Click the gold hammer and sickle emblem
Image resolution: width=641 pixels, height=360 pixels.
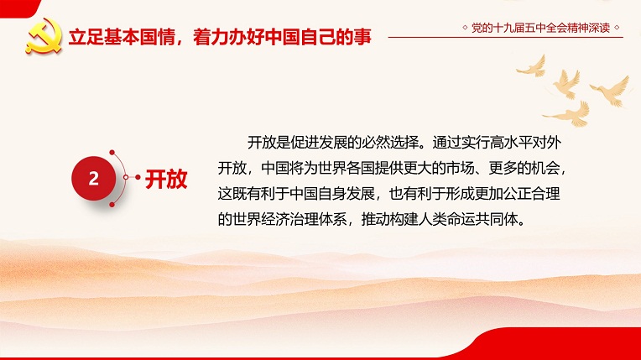pos(44,36)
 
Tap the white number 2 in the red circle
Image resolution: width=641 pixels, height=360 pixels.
pos(94,179)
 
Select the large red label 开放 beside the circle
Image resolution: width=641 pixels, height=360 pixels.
pos(166,179)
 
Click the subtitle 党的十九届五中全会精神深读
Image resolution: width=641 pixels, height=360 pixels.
pos(540,28)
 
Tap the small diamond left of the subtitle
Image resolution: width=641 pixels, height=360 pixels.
pos(465,28)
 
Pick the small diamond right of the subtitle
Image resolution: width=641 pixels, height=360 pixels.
pos(617,28)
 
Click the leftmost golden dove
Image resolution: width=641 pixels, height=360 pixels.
pos(532,66)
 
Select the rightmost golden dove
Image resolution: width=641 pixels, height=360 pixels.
pos(611,91)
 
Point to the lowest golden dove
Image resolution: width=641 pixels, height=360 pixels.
pos(568,114)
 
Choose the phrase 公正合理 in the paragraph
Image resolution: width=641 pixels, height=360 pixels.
pos(531,194)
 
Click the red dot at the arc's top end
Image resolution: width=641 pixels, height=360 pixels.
pos(112,153)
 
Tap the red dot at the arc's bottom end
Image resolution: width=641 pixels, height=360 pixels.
pos(112,204)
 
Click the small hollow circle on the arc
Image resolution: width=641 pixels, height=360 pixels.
pos(126,177)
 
